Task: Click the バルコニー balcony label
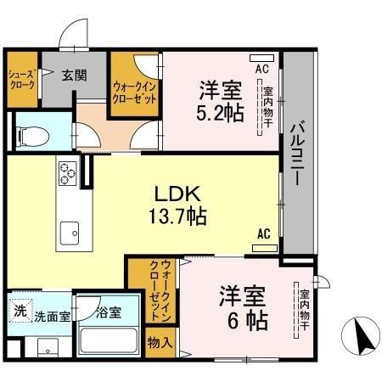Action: coord(297,157)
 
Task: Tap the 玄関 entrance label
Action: coord(74,75)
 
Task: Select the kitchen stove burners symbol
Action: coord(67,175)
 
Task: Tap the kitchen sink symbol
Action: coord(69,231)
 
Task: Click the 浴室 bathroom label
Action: coord(108,312)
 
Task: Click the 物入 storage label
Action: coord(160,343)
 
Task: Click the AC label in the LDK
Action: coord(264,233)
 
